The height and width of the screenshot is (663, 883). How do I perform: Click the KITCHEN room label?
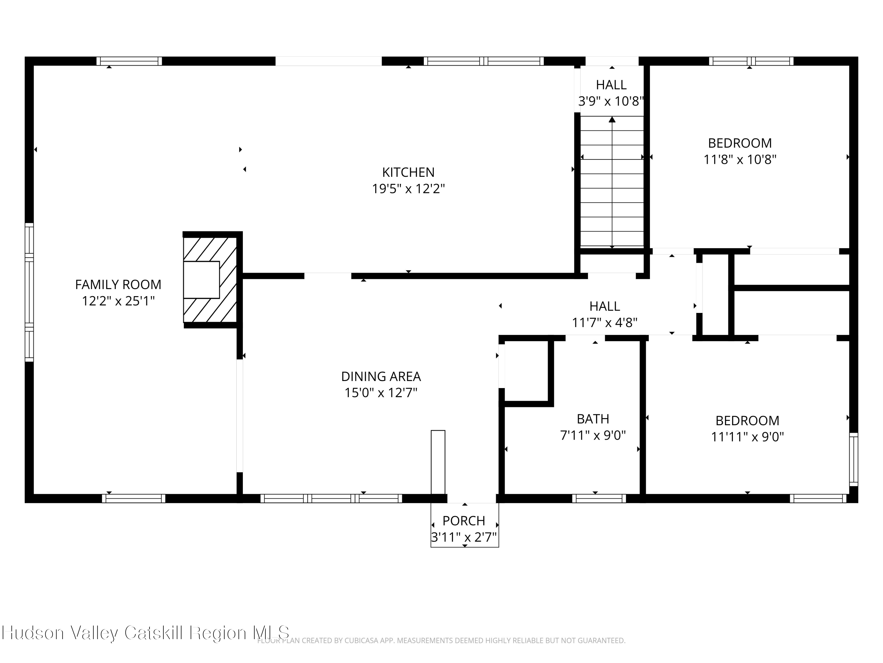pyautogui.click(x=408, y=172)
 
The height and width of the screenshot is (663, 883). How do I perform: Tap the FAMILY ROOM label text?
pyautogui.click(x=118, y=285)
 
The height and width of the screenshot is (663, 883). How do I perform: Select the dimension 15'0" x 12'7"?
pyautogui.click(x=381, y=393)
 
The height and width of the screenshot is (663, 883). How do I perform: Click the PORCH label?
pyautogui.click(x=464, y=521)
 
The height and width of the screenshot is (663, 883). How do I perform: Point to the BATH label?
pyautogui.click(x=593, y=419)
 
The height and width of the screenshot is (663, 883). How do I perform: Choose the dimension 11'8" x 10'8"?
pyautogui.click(x=740, y=159)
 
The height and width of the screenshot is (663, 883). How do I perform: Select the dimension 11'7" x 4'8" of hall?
pyautogui.click(x=604, y=322)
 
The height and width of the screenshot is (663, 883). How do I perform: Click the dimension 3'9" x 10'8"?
pyautogui.click(x=611, y=101)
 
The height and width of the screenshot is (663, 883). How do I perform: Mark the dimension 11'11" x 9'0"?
pyautogui.click(x=747, y=437)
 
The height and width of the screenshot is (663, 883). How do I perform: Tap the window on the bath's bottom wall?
pyautogui.click(x=599, y=498)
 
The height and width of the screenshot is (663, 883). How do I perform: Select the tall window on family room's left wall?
pyautogui.click(x=29, y=292)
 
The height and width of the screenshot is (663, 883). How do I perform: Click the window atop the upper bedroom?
pyautogui.click(x=751, y=61)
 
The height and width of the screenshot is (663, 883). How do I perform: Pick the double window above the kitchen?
pyautogui.click(x=483, y=61)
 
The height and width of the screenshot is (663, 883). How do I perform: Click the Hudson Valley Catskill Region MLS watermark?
pyautogui.click(x=145, y=633)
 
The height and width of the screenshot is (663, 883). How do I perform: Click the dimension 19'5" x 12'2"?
pyautogui.click(x=408, y=189)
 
